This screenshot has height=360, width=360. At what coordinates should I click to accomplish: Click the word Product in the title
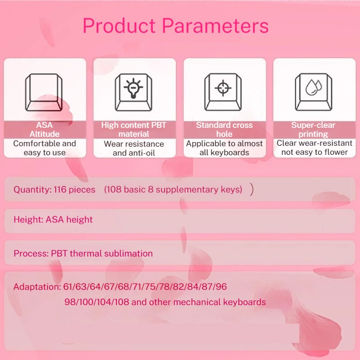pos(119,26)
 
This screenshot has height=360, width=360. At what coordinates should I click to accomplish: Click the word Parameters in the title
pos(216,26)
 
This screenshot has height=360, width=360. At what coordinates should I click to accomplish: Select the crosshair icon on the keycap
pos(223,88)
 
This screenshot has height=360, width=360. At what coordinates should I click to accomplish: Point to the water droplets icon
pos(314,87)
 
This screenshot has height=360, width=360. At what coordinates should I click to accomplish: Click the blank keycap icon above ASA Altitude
pos(44,92)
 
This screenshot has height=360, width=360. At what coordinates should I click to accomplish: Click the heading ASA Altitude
pos(45,130)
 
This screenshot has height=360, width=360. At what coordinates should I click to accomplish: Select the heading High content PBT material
pos(134,130)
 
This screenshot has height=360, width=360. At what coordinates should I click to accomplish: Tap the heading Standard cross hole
pos(224,130)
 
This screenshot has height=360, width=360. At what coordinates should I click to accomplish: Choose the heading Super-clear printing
pos(313,130)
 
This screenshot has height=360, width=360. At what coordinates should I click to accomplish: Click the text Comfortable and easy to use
pos(45,148)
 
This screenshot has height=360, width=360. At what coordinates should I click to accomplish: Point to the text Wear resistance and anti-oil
pos(134,148)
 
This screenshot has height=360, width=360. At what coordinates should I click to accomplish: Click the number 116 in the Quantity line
pos(60,189)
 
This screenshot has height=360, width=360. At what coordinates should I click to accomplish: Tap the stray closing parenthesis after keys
pos(252,189)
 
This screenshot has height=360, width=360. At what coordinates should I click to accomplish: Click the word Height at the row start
pos(28,220)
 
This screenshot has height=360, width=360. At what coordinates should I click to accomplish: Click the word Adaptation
pos(37,287)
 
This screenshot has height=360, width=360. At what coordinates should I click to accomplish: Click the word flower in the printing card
pos(335,152)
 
